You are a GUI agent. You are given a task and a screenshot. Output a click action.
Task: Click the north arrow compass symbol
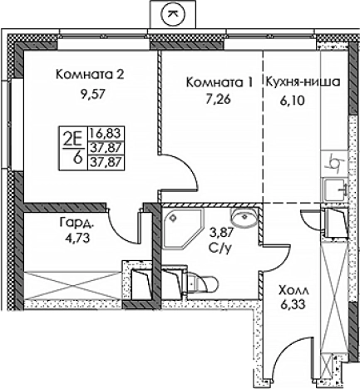(172, 12)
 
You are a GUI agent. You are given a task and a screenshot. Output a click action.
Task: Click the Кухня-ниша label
(302, 82)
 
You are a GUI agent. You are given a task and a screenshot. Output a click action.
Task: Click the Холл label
(292, 290)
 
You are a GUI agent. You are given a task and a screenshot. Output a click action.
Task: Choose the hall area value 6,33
(292, 306)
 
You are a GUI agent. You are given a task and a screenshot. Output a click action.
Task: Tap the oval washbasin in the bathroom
(244, 219)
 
